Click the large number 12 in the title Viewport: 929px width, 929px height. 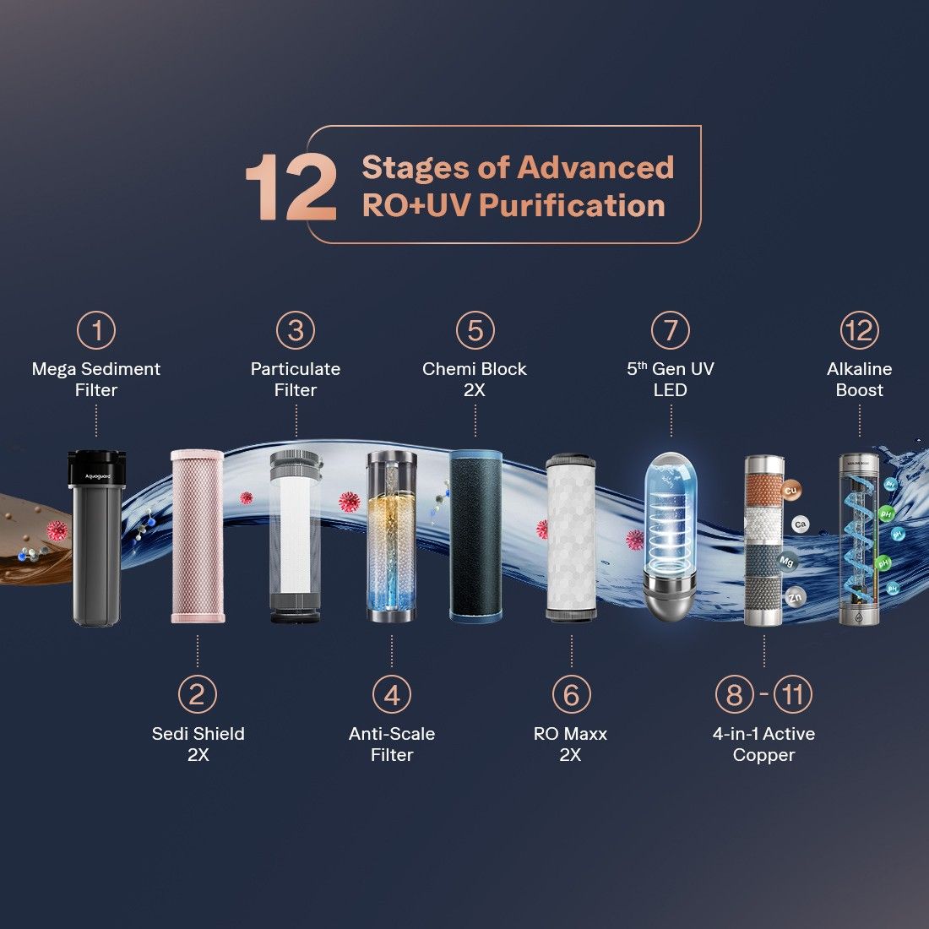pyautogui.click(x=291, y=187)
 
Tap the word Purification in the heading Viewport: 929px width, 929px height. pyautogui.click(x=573, y=205)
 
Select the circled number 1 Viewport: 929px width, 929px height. pyautogui.click(x=96, y=330)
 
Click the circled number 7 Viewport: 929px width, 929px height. pyautogui.click(x=670, y=330)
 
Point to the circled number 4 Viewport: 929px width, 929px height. pyautogui.click(x=392, y=694)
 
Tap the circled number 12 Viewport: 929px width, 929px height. pyautogui.click(x=859, y=330)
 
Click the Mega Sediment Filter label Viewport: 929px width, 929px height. pyautogui.click(x=96, y=379)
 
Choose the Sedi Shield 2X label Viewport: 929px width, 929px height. pyautogui.click(x=198, y=744)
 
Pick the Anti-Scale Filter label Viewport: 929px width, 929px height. pyautogui.click(x=392, y=744)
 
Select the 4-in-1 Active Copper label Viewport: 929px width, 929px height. pyautogui.click(x=763, y=744)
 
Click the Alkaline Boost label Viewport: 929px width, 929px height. pyautogui.click(x=859, y=379)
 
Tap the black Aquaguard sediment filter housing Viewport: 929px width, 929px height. pyautogui.click(x=96, y=537)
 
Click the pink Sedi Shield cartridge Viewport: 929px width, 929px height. pyautogui.click(x=198, y=536)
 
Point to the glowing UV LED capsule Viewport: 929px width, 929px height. pyautogui.click(x=670, y=536)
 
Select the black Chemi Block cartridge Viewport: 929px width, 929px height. pyautogui.click(x=475, y=536)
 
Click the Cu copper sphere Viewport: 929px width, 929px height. pyautogui.click(x=790, y=491)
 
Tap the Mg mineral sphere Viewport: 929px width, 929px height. pyautogui.click(x=786, y=561)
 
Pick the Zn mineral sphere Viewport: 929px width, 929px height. pyautogui.click(x=795, y=597)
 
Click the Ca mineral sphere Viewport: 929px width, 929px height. pyautogui.click(x=801, y=524)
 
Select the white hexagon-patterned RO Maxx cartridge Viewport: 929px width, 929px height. pyautogui.click(x=571, y=537)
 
